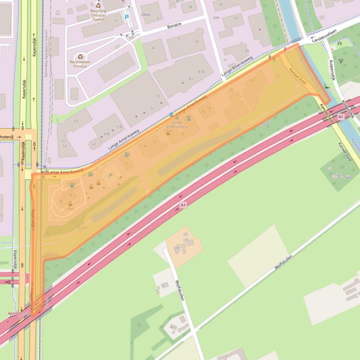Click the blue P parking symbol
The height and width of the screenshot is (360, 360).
click(x=126, y=17)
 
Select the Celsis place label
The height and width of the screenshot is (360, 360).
click(x=146, y=15)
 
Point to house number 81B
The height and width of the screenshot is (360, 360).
click(x=202, y=72)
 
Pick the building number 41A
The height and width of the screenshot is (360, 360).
click(x=216, y=17)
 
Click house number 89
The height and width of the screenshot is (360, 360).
click(x=247, y=51)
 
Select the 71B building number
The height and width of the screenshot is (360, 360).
click(x=119, y=127)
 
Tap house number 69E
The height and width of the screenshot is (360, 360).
click(x=107, y=134)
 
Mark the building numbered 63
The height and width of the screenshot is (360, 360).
click(x=76, y=121)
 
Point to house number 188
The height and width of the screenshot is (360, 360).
click(x=347, y=178)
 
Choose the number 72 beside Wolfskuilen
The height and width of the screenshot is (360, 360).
click(x=178, y=249)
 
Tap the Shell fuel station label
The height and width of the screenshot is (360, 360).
click(x=70, y=209)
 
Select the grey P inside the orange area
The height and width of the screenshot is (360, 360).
click(x=111, y=175)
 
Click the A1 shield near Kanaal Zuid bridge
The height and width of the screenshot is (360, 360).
click(x=340, y=116)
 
